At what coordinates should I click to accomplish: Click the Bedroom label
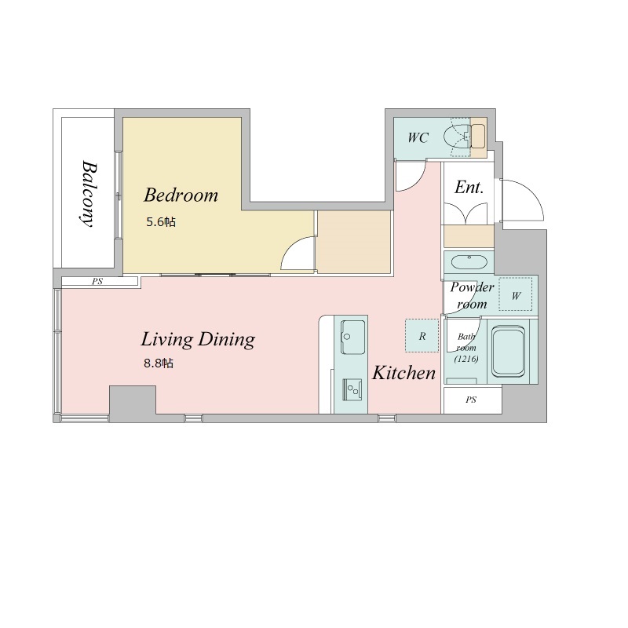181,195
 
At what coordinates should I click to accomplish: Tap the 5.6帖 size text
161,222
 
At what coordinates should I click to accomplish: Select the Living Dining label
198,340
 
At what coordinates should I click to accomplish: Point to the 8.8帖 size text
159,363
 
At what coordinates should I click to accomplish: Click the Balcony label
89,194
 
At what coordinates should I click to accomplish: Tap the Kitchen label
403,373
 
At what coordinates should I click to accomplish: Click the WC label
418,138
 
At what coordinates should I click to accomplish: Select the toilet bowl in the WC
457,137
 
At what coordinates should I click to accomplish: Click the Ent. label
469,188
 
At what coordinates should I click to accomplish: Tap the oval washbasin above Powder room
469,263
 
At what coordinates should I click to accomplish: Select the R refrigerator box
422,336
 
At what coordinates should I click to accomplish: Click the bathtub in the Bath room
508,351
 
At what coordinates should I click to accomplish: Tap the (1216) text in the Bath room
466,359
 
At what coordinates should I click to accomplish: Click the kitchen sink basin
352,337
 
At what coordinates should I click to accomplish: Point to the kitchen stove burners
352,389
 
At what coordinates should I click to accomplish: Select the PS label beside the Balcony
97,282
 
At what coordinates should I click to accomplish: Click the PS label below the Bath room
471,400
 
